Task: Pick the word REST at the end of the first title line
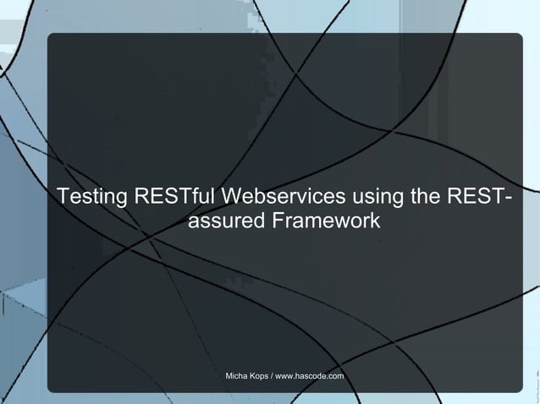point(475,198)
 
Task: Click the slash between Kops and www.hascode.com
point(271,375)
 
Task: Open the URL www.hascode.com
point(309,375)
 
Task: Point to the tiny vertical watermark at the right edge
point(535,379)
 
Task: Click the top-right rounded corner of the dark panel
point(518,37)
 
